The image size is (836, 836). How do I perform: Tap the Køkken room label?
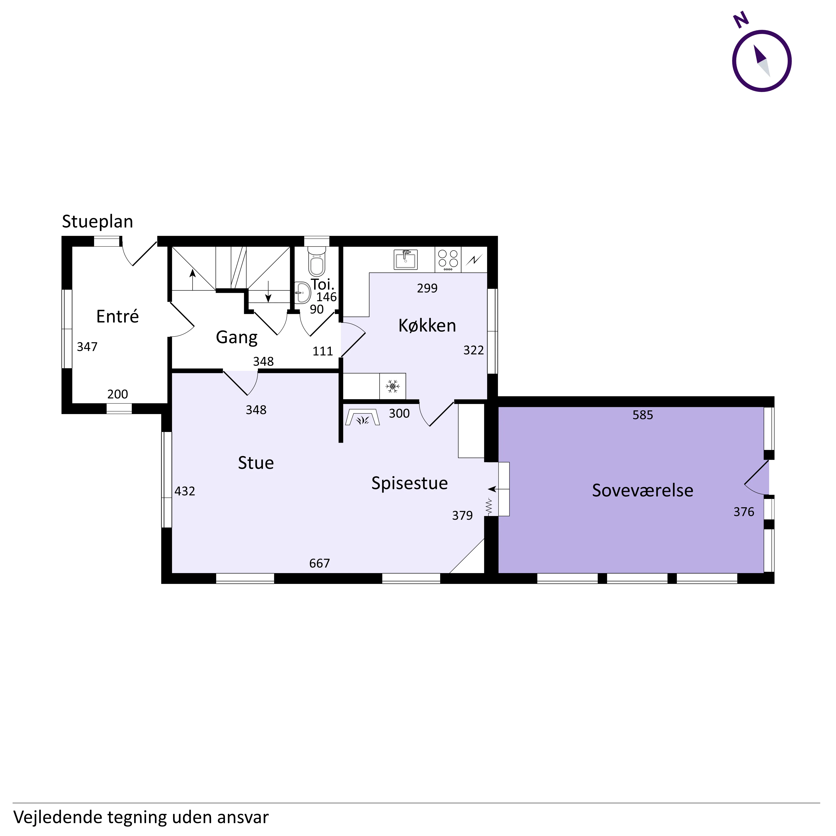point(427,325)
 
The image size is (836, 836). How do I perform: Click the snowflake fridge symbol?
point(393,386)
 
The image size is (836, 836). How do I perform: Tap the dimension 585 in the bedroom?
point(643,415)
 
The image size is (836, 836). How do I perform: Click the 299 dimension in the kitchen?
point(427,288)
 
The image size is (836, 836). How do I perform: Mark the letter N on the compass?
point(741,20)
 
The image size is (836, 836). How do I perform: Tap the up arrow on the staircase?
point(192,279)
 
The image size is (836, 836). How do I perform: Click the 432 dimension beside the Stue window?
point(185,491)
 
